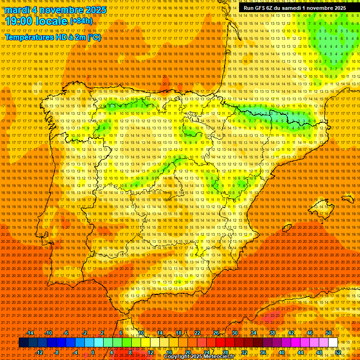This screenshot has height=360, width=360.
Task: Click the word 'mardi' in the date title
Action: (19, 10)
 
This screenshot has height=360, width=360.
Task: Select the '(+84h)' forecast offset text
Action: (82, 21)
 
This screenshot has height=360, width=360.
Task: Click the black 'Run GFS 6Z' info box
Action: (294, 7)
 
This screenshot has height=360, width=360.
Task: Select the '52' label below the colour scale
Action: (338, 352)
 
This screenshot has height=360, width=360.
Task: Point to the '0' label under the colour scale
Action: (93, 352)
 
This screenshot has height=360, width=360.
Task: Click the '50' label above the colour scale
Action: (329, 333)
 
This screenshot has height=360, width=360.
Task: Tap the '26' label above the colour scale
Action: (216, 333)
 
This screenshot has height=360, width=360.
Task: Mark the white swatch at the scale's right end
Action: (333, 343)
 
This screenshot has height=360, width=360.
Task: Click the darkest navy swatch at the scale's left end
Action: (23, 343)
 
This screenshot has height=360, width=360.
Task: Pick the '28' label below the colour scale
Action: (225, 352)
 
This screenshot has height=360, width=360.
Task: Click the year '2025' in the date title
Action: (95, 10)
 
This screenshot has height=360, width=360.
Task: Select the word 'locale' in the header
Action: (52, 21)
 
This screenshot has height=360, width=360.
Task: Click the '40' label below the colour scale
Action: (282, 352)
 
